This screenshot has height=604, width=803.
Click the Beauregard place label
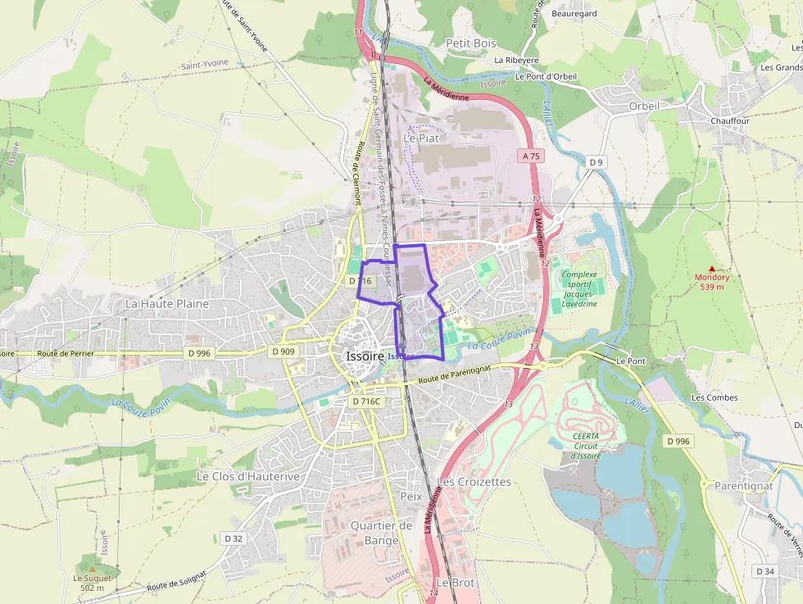click(574, 14)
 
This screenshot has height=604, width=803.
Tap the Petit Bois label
click(471, 43)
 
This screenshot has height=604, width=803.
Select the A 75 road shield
click(531, 155)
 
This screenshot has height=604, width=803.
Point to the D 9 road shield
click(596, 162)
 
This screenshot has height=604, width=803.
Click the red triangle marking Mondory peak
click(711, 269)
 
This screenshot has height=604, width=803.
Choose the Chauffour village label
click(730, 120)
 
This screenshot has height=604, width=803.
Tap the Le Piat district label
click(421, 139)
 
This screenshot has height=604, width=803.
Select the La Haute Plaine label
click(167, 303)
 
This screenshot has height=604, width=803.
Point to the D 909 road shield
click(283, 352)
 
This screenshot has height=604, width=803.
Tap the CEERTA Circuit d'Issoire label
click(587, 446)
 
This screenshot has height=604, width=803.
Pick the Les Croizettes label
click(474, 482)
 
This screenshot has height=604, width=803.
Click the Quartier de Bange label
click(381, 533)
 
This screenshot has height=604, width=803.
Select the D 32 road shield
click(233, 538)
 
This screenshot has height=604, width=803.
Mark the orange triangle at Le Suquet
click(92, 569)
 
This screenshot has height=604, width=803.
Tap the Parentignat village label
click(743, 486)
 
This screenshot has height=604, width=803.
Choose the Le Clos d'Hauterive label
click(237, 476)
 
